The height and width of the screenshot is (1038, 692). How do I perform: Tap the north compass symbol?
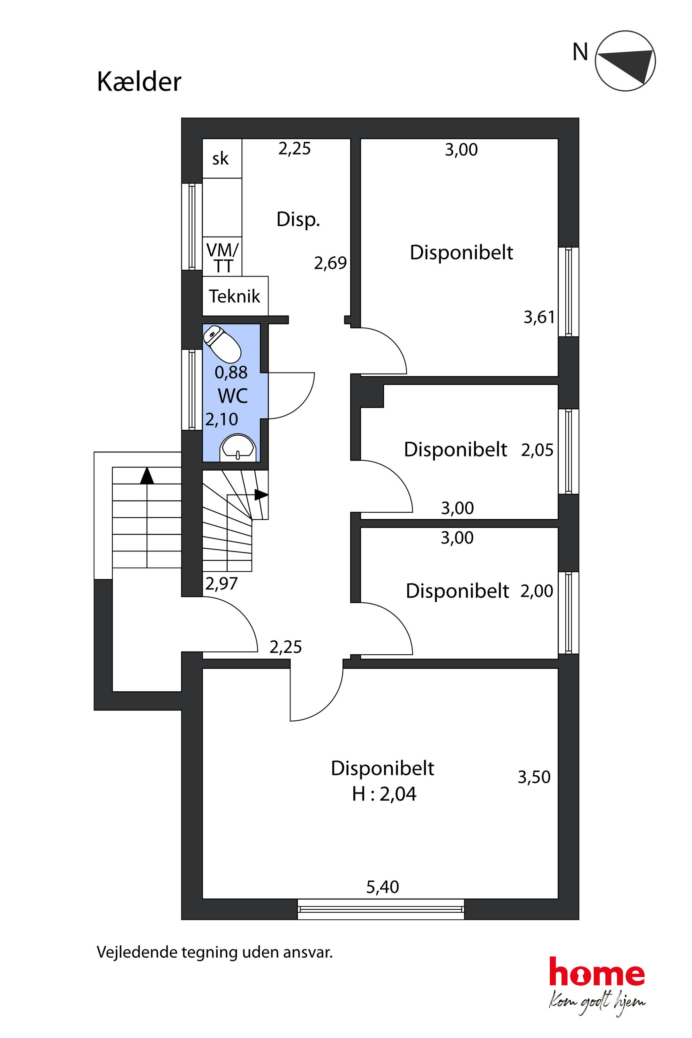tap(625, 61)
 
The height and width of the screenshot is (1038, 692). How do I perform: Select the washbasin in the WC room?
tap(238, 447)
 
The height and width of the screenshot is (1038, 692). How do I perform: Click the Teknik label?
tap(234, 296)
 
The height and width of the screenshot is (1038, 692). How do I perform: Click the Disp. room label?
tap(298, 219)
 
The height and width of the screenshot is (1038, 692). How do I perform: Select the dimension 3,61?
tap(539, 317)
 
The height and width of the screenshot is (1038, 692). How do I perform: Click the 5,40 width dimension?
tap(382, 887)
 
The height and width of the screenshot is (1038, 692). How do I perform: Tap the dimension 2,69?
tap(330, 263)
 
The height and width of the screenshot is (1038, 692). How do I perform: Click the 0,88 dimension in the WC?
tap(231, 373)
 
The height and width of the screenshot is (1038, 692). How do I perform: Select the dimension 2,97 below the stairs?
tap(221, 584)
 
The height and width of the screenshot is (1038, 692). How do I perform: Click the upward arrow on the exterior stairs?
tap(147, 476)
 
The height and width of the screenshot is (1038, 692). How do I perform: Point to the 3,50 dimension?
tap(534, 777)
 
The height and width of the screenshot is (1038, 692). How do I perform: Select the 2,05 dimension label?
tap(537, 450)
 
